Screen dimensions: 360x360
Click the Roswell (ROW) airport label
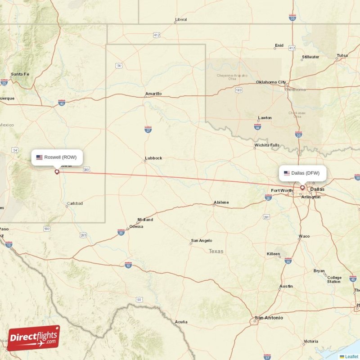coord(57,157)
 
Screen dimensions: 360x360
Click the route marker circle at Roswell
coord(57,171)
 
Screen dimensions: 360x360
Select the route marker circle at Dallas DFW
coord(302,188)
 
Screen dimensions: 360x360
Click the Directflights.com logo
coord(34,338)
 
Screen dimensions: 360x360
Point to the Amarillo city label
coord(153,94)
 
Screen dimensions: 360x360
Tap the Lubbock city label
coord(153,158)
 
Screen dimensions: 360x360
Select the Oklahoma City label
coord(271,82)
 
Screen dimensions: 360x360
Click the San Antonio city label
coord(269,318)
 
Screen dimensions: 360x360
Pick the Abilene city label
coord(221,202)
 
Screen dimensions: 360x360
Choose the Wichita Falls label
coord(267,145)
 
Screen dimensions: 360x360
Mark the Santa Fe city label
coord(20,74)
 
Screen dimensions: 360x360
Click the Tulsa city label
coord(342,56)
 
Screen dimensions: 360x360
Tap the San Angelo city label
coord(201,241)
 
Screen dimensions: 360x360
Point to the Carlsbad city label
coord(75,203)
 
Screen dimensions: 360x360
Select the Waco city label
coord(304,236)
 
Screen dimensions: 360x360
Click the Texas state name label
coord(216,251)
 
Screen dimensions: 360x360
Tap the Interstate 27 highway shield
coord(148,130)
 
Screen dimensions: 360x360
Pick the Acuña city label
coord(181,322)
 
